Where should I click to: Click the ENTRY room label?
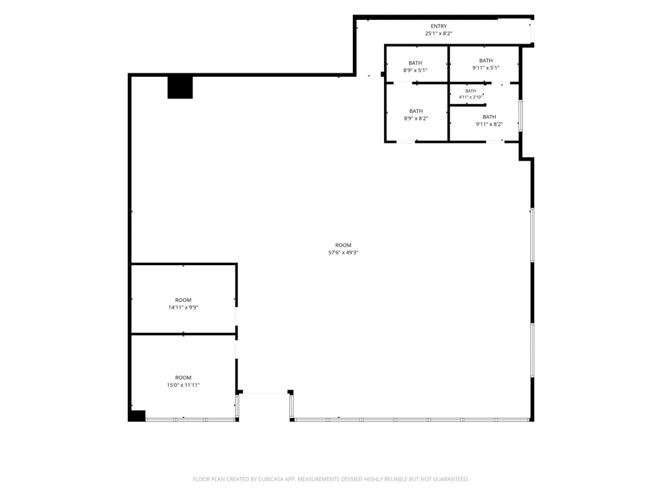coord(439,26)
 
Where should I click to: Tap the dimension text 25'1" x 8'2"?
coord(439,33)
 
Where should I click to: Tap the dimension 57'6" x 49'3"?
coord(343,253)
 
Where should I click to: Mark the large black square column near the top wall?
coord(180,87)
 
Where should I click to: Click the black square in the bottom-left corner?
coord(137,415)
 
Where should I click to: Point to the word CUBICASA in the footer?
coord(271,479)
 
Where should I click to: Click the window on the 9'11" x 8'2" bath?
coord(520,115)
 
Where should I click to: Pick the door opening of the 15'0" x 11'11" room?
coord(236,349)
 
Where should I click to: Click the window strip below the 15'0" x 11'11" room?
coord(191,420)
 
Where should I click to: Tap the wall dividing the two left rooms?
coord(183,334)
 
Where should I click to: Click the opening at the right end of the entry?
coord(532,31)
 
